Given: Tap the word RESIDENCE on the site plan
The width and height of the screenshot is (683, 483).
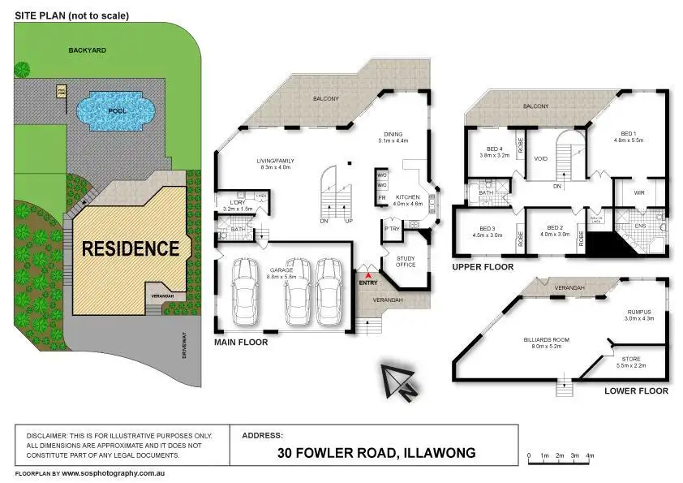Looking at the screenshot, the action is tap(130, 248).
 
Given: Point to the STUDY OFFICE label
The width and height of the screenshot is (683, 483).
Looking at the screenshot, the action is tap(406, 261).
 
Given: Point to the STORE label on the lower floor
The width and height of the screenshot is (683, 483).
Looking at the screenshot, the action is tap(631, 358).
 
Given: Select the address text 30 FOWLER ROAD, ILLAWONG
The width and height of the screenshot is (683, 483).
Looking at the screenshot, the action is tap(376, 453).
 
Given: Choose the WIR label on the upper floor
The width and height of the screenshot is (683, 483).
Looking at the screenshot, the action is tap(638, 192).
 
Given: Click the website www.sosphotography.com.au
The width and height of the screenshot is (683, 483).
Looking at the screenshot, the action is tap(113, 472).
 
